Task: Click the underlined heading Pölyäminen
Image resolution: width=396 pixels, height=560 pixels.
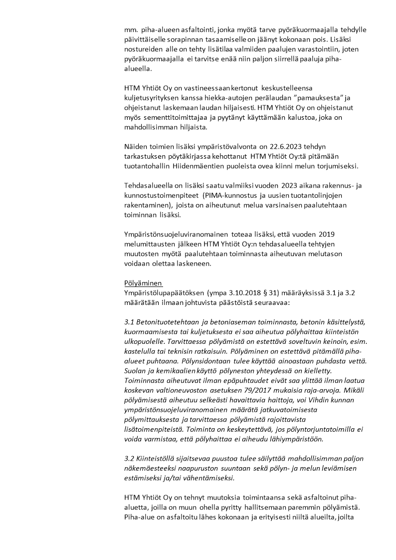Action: [143, 282]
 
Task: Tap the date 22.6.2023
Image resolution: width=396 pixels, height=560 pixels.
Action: [286, 146]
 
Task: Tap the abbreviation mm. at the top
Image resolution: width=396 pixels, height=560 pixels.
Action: [131, 29]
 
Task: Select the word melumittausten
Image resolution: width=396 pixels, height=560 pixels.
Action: [151, 244]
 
